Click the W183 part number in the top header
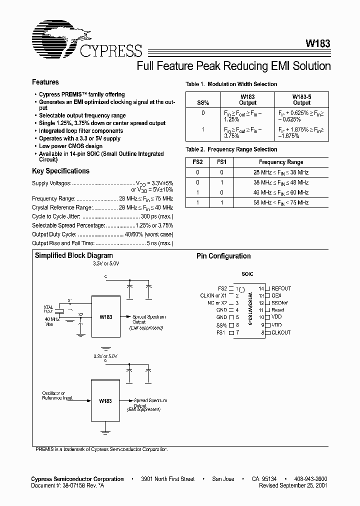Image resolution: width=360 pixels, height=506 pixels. (316, 44)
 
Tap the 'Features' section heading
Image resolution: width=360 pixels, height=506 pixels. (45, 82)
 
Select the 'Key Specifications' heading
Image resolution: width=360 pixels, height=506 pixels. (60, 171)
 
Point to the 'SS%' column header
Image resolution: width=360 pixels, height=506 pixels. (203, 102)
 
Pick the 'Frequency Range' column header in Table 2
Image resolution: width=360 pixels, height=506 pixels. (280, 162)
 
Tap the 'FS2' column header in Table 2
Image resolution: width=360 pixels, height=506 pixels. (198, 162)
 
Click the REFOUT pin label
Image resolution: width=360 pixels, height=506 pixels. (281, 288)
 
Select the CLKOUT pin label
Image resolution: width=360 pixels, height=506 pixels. (281, 332)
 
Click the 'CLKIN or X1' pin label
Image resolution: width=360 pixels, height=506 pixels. (213, 295)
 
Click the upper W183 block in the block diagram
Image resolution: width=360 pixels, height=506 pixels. (105, 316)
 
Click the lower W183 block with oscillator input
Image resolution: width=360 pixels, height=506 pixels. (105, 400)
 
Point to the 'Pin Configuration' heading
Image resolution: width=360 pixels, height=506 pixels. (223, 256)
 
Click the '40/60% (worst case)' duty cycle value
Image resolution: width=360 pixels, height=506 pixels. (148, 234)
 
